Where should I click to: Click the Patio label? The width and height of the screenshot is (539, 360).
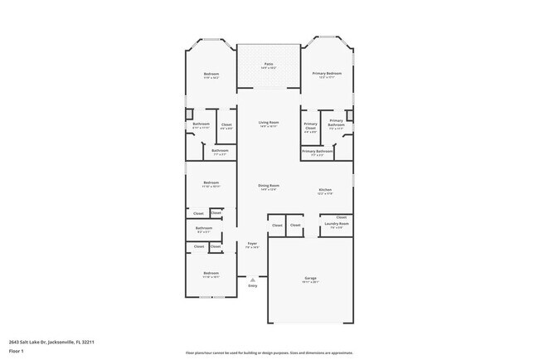[269, 64]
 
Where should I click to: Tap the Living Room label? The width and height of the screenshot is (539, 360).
[268, 122]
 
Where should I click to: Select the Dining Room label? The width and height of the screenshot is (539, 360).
[268, 186]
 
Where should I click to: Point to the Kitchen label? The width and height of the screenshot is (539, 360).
[325, 190]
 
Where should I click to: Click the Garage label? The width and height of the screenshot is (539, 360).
[310, 278]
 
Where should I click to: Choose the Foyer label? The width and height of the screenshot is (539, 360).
[252, 244]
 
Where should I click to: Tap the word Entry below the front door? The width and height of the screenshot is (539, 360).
[252, 286]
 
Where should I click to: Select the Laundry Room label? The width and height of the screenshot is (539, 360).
[336, 223]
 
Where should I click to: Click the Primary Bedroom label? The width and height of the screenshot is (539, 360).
[327, 73]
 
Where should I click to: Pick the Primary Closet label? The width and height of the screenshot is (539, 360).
[310, 126]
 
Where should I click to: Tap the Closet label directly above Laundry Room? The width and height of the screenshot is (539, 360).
[341, 217]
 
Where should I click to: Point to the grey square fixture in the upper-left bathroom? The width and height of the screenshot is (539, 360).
[188, 112]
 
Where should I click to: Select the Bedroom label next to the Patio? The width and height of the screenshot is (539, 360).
[211, 74]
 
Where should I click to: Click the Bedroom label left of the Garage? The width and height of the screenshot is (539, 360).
[211, 273]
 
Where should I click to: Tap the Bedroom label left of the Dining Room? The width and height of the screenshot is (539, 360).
[211, 182]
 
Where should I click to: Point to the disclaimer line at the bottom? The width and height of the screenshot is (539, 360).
[269, 353]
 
